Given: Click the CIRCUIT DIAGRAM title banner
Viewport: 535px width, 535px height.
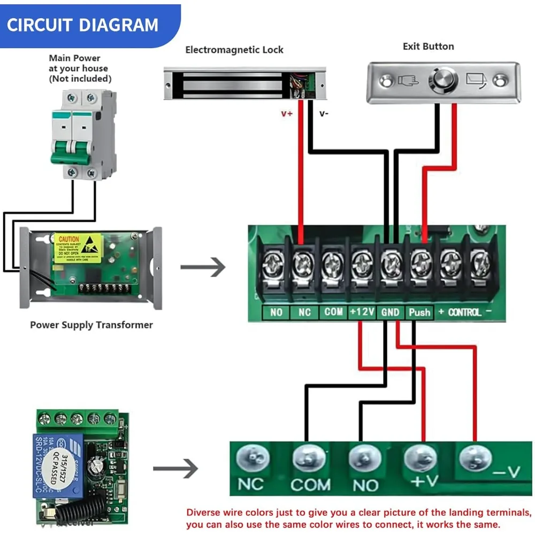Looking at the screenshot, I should [x=83, y=25].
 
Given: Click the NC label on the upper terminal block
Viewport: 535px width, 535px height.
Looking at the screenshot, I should [x=304, y=312].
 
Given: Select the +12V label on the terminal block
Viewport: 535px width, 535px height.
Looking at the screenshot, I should [x=362, y=311].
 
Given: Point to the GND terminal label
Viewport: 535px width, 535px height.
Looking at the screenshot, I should [x=390, y=312].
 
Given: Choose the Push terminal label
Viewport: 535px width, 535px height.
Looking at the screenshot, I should [x=419, y=312].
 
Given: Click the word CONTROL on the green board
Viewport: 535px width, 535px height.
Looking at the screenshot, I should [x=464, y=311].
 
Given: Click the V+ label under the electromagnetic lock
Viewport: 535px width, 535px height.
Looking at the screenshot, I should [x=287, y=113].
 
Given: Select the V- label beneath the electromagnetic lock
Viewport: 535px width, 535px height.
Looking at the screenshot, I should [x=324, y=113].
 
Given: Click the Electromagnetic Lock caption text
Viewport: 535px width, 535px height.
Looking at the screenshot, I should [x=234, y=50].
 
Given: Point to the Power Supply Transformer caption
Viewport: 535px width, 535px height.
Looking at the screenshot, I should [x=91, y=325].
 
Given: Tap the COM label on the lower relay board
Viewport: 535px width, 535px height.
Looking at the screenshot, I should [x=310, y=485].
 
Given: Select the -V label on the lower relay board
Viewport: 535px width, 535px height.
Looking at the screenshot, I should [x=505, y=471].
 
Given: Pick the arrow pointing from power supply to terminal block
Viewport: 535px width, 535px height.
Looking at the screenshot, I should [x=203, y=267].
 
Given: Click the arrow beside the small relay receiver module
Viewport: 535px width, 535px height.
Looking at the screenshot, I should [x=175, y=469].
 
